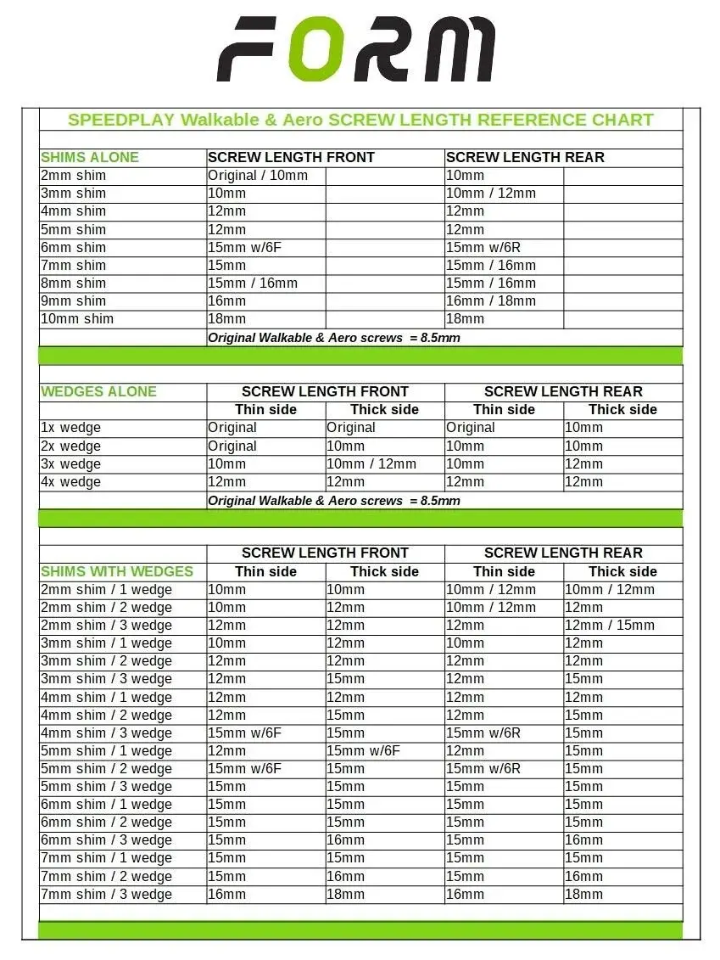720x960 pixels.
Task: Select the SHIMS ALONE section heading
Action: tap(90, 157)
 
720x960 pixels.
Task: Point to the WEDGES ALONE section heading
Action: tap(98, 391)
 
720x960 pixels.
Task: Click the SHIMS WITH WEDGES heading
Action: tap(117, 571)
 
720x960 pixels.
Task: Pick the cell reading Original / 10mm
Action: tap(258, 176)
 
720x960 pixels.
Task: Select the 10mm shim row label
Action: tap(76, 318)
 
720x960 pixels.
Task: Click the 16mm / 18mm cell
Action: tap(491, 300)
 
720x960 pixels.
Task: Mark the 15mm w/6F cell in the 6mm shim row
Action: tap(245, 247)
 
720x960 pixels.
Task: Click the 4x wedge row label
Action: tap(70, 481)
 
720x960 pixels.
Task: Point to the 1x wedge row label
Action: tap(70, 428)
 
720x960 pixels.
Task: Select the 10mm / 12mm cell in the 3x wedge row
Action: tap(371, 463)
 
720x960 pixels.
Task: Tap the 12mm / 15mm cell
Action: tap(610, 626)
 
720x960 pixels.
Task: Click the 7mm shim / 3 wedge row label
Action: tap(106, 894)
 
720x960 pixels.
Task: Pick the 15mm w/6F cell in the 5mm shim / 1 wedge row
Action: tap(364, 750)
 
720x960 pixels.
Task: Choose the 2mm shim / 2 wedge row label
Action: tap(106, 608)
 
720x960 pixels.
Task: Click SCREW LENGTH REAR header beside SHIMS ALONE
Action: tap(525, 157)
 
